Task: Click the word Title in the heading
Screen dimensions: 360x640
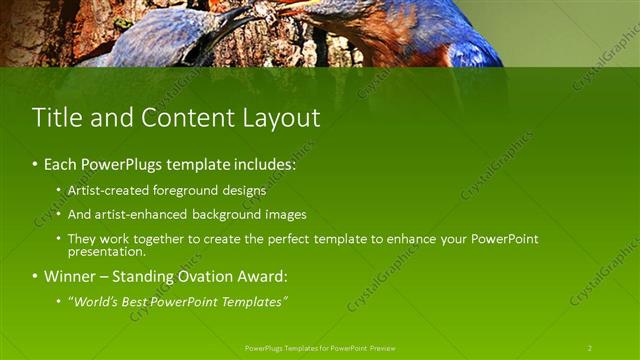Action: click(56, 117)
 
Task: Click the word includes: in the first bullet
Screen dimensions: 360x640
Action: click(262, 163)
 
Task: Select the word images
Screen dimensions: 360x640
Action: click(286, 214)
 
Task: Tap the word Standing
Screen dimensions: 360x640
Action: click(148, 276)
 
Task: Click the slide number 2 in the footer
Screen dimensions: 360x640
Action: click(590, 348)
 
